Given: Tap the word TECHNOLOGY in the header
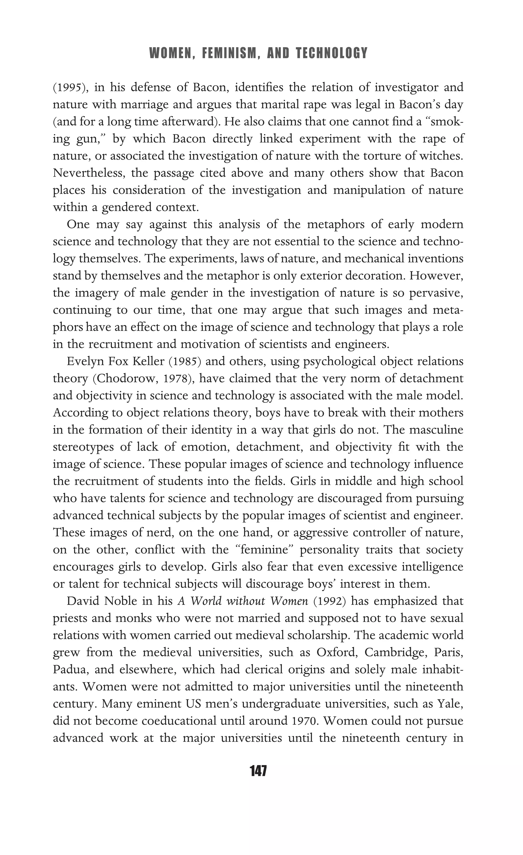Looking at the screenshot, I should point(332,53).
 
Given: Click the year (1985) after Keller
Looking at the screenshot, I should point(185,362).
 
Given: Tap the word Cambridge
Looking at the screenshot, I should point(396,653).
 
